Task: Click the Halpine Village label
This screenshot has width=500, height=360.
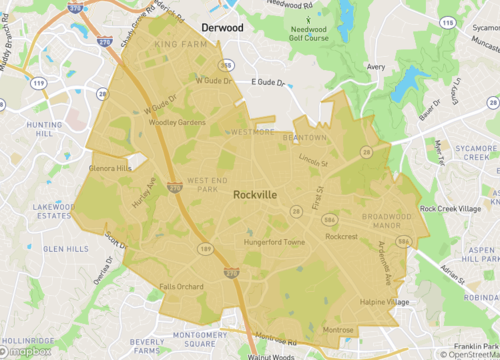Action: tap(384, 302)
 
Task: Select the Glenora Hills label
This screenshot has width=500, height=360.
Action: tap(111, 168)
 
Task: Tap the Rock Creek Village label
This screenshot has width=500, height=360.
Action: tap(451, 209)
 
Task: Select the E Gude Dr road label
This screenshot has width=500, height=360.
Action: tap(267, 80)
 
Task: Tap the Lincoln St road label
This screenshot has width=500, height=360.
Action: tap(313, 160)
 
